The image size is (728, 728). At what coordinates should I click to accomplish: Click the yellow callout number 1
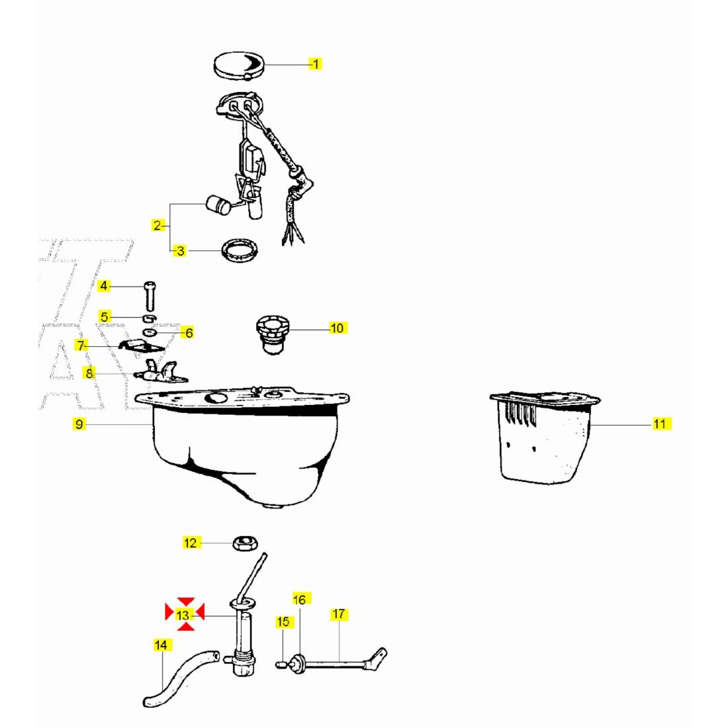[x=315, y=64]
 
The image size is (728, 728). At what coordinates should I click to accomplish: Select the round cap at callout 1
[x=239, y=65]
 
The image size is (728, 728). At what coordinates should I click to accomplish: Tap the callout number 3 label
[x=180, y=251]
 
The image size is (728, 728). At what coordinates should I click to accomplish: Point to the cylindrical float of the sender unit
[x=218, y=206]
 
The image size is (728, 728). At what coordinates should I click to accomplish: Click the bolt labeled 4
[x=150, y=296]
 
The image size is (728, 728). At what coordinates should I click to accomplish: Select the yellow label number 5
[x=105, y=317]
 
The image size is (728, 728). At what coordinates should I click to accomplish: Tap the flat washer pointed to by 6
[x=150, y=332]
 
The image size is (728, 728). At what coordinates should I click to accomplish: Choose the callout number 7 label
[x=81, y=345]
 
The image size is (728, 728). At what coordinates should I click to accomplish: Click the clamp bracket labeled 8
[x=160, y=371]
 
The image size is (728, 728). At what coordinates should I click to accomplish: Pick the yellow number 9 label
[x=79, y=424]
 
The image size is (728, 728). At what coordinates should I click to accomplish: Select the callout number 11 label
[x=660, y=424]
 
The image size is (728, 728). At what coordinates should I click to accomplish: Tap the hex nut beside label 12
[x=245, y=543]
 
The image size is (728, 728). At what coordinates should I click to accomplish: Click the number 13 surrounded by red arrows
[x=183, y=615]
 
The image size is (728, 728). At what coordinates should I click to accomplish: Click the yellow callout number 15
[x=283, y=621]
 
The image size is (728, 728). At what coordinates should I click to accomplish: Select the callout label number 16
[x=299, y=600]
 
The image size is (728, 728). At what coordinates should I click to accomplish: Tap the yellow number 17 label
[x=339, y=614]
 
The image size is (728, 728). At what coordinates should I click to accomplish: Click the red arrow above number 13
[x=186, y=601]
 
